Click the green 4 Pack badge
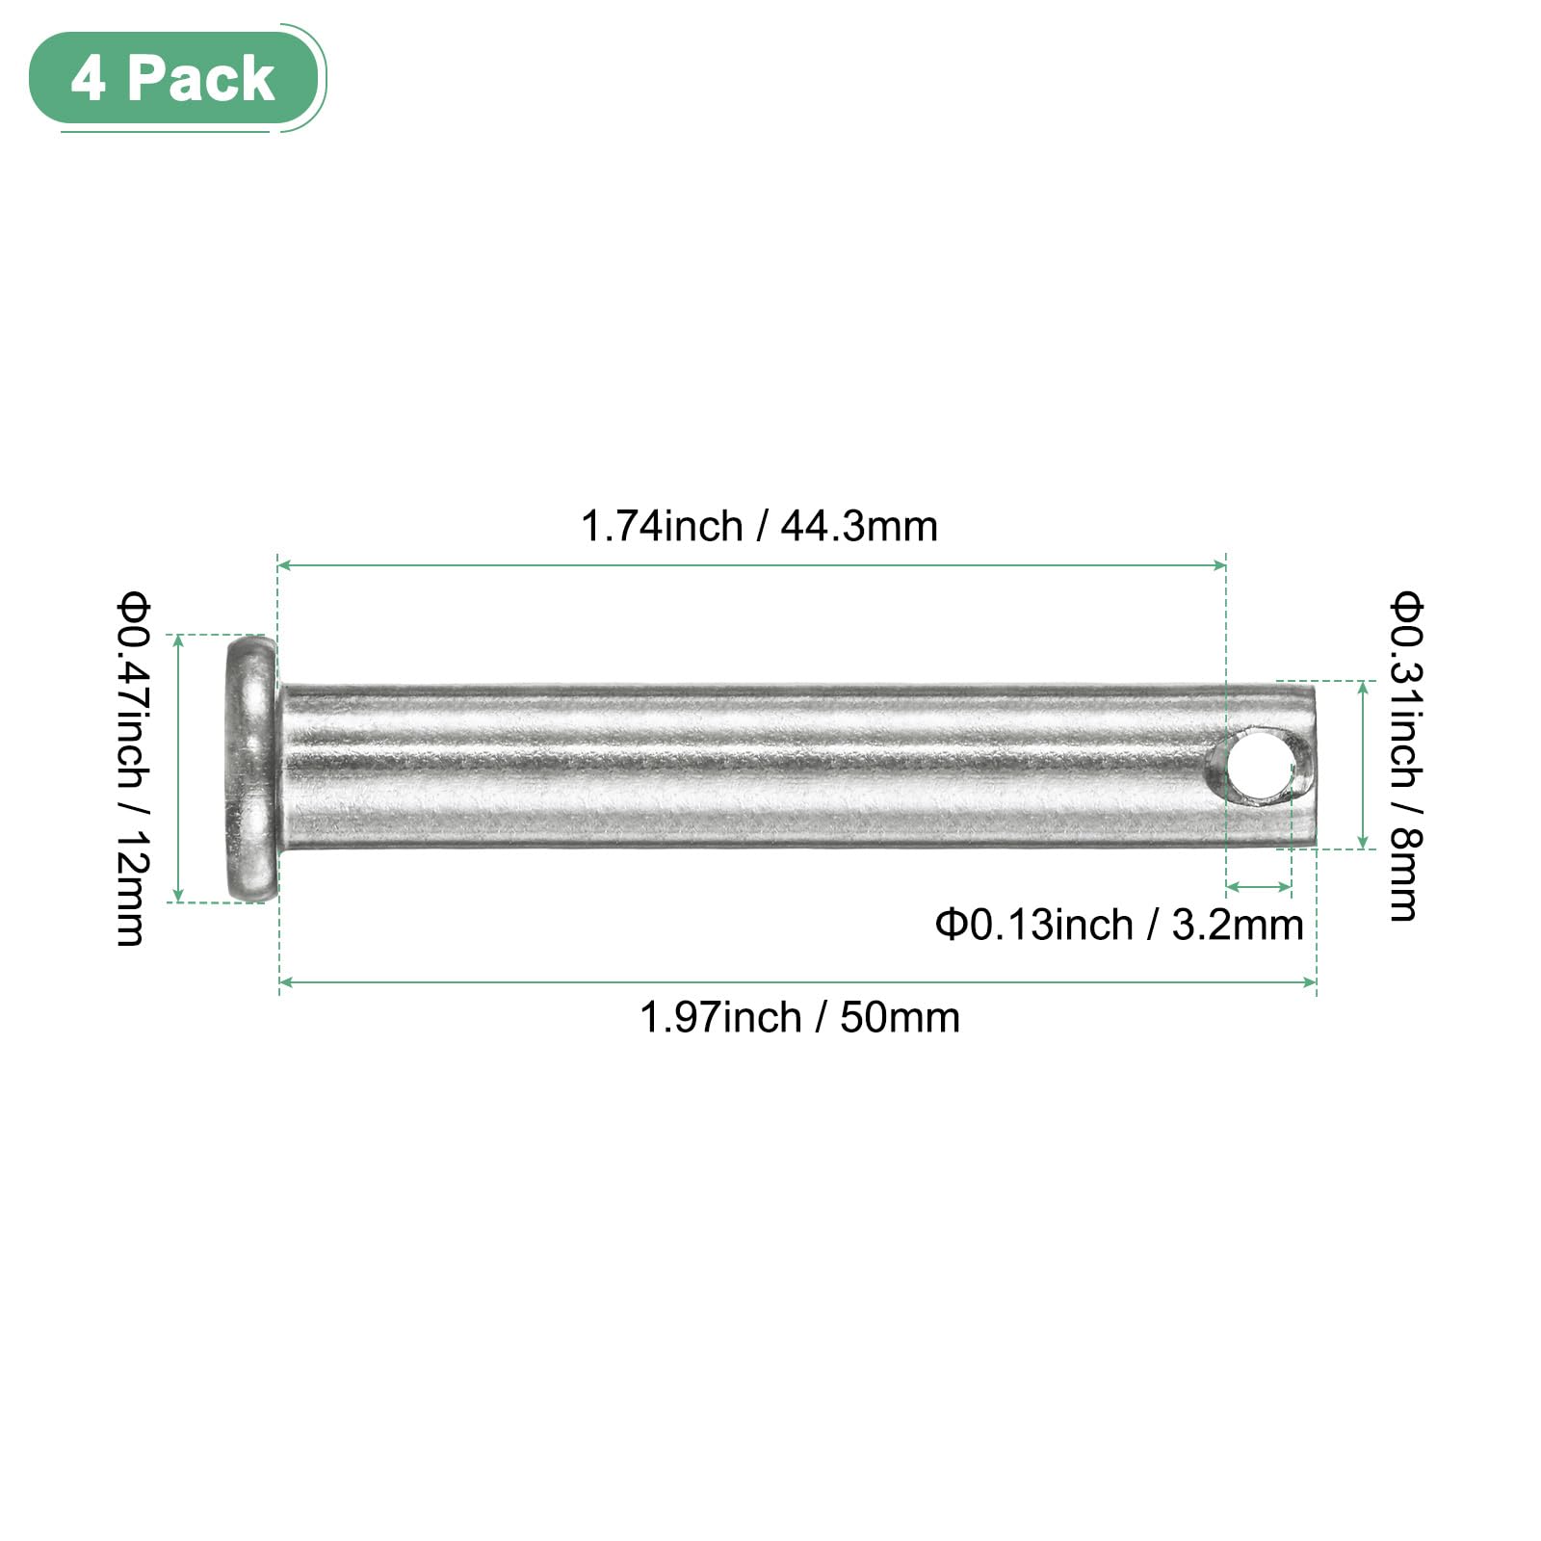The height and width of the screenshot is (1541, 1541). tap(174, 78)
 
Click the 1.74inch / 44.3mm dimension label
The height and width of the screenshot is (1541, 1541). tap(759, 527)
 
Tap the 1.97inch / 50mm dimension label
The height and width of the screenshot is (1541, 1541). tap(800, 1017)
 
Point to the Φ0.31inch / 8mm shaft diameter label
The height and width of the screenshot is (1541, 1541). tap(1404, 757)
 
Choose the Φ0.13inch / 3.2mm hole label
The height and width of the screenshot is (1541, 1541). tap(1119, 925)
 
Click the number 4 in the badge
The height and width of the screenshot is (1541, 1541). tap(88, 79)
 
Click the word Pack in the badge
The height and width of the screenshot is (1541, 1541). tap(200, 79)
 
